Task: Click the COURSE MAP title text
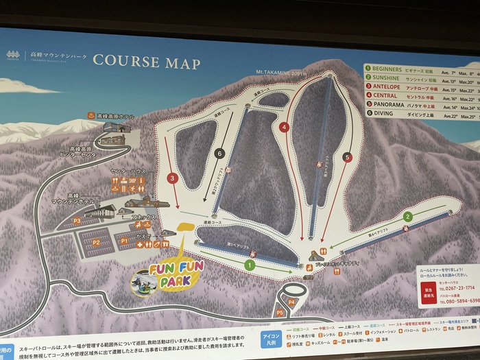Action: point(147,62)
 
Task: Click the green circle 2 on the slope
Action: point(407,216)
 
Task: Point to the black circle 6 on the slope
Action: point(219,154)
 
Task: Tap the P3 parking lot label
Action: point(77,221)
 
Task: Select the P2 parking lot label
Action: point(97,242)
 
